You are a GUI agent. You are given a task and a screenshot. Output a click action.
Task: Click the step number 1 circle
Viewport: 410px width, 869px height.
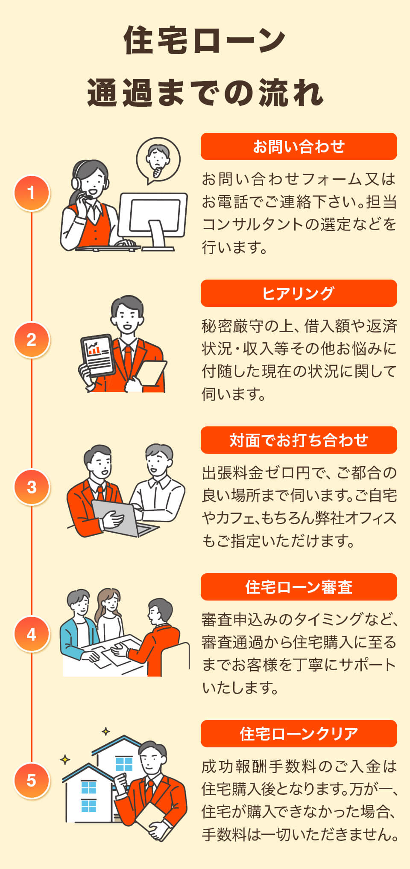pos(32,193)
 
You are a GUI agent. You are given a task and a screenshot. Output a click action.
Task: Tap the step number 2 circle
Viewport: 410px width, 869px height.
pos(32,340)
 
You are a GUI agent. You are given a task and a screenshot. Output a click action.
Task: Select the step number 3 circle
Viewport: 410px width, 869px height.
pos(32,487)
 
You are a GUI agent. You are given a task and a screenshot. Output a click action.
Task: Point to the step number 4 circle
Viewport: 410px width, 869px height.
pos(32,634)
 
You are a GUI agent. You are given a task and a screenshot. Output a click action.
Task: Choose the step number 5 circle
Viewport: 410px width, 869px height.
pos(32,781)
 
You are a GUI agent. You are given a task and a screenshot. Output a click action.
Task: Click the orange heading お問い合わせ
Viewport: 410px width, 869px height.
pos(299,146)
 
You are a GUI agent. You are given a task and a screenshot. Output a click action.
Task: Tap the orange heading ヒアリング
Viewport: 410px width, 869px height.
pos(299,293)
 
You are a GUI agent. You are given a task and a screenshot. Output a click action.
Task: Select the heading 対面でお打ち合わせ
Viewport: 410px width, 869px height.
pos(299,440)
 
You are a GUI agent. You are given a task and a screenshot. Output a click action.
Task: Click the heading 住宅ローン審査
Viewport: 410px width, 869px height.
pos(299,587)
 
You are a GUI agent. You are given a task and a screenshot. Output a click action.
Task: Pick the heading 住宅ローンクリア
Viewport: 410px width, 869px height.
pos(299,734)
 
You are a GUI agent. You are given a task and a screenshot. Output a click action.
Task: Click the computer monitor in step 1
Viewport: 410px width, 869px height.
pos(153,218)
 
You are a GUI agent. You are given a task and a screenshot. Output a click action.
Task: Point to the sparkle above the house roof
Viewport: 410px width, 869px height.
pos(106,732)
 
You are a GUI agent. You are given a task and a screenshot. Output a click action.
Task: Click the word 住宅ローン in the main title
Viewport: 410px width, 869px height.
pos(205,40)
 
